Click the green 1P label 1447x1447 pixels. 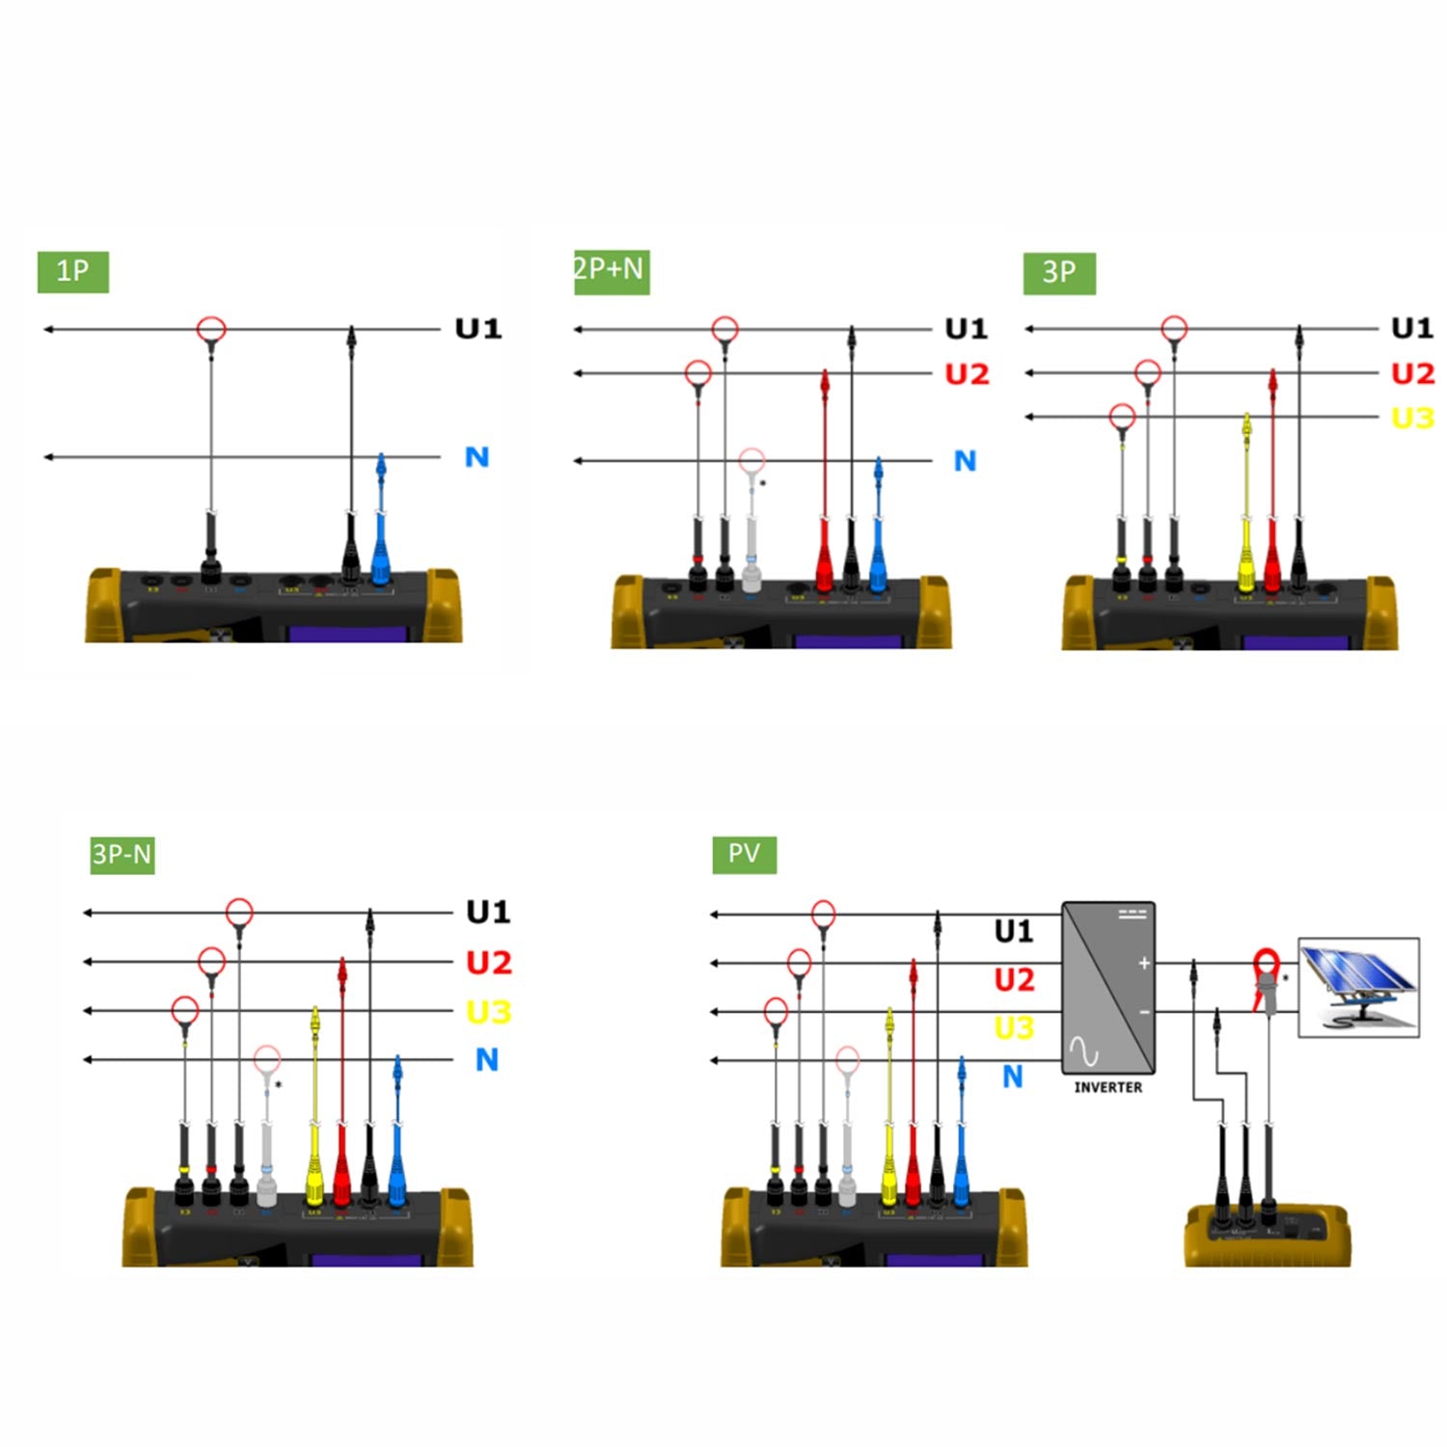tap(73, 271)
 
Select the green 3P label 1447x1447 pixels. tap(1059, 272)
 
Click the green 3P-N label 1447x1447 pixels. tap(123, 855)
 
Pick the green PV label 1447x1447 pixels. tap(744, 854)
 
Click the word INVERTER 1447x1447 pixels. tap(1107, 1087)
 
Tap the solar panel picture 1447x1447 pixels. tap(1358, 987)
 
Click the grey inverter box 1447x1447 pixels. tap(1107, 987)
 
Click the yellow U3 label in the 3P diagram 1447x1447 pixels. tap(1412, 418)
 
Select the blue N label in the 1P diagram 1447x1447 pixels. tap(477, 457)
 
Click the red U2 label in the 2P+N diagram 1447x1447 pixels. tap(967, 374)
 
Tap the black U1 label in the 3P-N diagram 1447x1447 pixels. tap(488, 912)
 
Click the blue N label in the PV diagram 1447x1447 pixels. tap(1012, 1077)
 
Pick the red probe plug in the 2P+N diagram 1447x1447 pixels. tap(824, 560)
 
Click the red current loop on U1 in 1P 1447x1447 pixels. tap(211, 329)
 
